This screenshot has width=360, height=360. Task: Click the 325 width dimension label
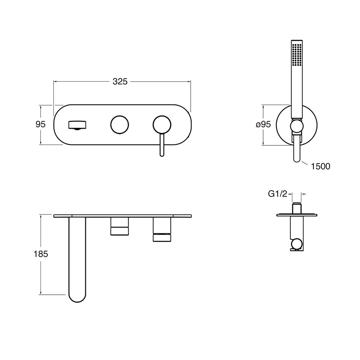click(x=120, y=81)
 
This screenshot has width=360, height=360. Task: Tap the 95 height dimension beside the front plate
click(x=40, y=124)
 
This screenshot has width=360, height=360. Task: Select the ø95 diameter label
click(x=263, y=124)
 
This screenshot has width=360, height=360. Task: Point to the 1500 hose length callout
click(x=320, y=166)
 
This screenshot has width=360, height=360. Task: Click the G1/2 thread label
click(x=278, y=194)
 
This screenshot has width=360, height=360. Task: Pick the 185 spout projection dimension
click(x=41, y=254)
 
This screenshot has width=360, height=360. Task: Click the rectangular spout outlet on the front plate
click(x=77, y=125)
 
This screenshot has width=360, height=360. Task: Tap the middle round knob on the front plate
click(x=120, y=124)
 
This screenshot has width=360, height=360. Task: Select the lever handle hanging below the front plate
click(x=162, y=145)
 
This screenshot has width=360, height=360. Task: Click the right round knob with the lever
click(x=162, y=124)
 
